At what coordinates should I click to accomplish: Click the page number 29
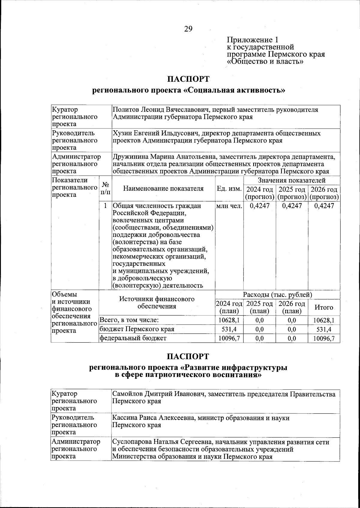[188, 29]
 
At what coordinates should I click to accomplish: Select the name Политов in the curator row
[126, 110]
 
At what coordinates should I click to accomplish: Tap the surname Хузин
[122, 133]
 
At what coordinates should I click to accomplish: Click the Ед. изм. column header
[229, 189]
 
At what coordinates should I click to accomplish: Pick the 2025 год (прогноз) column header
[292, 193]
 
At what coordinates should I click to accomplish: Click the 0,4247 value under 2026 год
[324, 206]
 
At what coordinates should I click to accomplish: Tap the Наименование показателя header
[163, 189]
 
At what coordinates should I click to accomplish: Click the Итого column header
[324, 307]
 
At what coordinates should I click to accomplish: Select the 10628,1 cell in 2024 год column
[229, 320]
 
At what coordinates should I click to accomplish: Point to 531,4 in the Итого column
[324, 329]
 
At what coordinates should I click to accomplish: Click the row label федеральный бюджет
[133, 338]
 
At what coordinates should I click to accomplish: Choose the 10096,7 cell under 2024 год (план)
[229, 338]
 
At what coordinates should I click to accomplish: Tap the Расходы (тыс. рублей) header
[277, 295]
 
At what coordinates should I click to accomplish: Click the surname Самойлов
[126, 394]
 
